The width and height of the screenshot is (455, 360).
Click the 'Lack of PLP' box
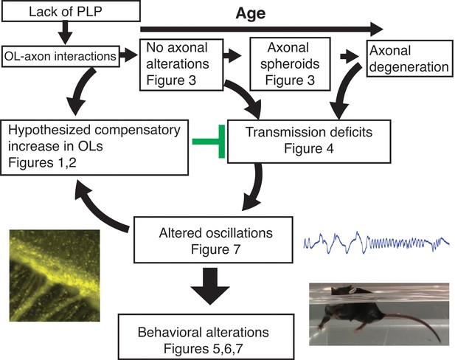71,11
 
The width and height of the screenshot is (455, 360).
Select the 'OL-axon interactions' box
60,56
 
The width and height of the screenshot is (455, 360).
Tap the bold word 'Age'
251,13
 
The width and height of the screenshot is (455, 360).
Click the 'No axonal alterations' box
181,65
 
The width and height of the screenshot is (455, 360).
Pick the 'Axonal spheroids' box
290,64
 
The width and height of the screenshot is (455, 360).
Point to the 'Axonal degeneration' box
409,58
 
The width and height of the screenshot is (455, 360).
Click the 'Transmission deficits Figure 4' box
309,142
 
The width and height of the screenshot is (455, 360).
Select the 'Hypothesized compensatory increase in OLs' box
94,148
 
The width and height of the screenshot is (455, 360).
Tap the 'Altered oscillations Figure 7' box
213,240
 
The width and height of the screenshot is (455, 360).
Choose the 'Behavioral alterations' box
206,337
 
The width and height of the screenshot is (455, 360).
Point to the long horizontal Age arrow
261,29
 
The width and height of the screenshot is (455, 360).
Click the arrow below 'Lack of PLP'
66,32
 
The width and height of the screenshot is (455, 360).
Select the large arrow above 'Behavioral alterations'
210,286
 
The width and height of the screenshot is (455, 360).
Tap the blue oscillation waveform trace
376,243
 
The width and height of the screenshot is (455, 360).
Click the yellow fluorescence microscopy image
55,275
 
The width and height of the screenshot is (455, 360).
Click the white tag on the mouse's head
352,289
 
